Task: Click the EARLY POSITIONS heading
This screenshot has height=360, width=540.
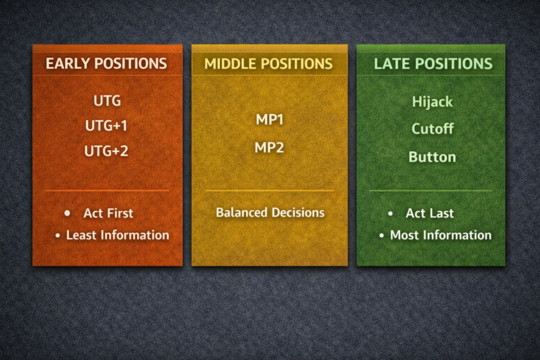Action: (x=106, y=64)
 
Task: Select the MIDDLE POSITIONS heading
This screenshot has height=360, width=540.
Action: (x=268, y=64)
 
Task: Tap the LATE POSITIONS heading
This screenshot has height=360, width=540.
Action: (x=433, y=64)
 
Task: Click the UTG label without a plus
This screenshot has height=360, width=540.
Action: (x=107, y=100)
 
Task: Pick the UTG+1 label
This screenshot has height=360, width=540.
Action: (x=107, y=126)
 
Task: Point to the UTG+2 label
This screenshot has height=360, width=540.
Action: (x=107, y=151)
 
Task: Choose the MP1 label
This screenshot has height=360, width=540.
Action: (x=269, y=120)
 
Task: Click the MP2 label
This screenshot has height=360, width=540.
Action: (x=269, y=147)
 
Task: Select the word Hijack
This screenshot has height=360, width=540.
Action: (x=432, y=102)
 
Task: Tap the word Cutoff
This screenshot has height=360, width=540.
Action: (x=432, y=129)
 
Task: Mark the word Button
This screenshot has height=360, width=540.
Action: (x=432, y=157)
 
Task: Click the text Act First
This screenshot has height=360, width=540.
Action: (x=108, y=213)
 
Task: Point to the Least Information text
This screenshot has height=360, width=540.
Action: (x=118, y=235)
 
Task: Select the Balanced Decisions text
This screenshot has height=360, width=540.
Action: (x=270, y=212)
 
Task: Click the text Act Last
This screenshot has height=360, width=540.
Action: (x=430, y=213)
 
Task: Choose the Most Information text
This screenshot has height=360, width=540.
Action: (x=441, y=235)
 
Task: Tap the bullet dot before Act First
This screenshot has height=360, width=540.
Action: (x=67, y=213)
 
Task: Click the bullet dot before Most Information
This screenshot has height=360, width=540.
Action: (x=381, y=236)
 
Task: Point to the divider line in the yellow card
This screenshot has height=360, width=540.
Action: (x=269, y=190)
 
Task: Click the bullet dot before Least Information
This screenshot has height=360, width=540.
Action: (x=57, y=236)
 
